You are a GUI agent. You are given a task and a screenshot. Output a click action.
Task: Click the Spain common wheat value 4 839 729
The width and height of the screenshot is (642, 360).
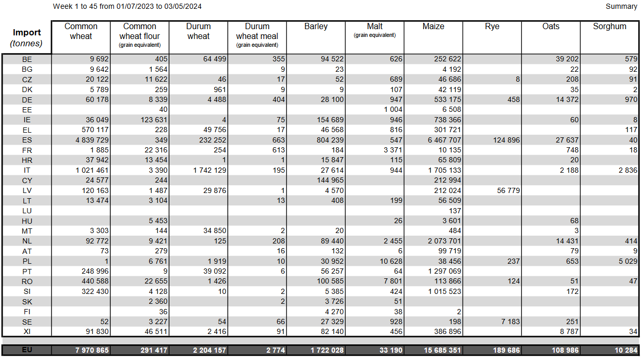click(x=92, y=140)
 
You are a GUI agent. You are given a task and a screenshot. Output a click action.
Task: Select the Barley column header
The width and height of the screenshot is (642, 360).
click(x=316, y=27)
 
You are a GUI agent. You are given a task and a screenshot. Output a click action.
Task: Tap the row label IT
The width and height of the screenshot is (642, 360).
click(x=27, y=171)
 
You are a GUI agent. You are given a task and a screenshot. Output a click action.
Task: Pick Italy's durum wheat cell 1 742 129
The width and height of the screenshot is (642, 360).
click(x=209, y=171)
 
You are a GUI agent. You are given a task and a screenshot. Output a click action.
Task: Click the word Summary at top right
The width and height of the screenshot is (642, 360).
click(x=621, y=6)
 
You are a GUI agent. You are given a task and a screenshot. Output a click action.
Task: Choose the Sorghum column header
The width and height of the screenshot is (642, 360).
click(x=610, y=27)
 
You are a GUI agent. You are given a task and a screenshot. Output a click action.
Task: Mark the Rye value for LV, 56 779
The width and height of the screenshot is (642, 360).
click(x=508, y=190)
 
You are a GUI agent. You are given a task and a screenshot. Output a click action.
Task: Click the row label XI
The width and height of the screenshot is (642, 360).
click(x=27, y=332)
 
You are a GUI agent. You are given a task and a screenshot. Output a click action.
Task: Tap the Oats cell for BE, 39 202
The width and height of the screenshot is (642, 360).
click(x=567, y=59)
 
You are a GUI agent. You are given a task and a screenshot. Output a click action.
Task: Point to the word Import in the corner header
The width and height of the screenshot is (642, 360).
click(x=27, y=32)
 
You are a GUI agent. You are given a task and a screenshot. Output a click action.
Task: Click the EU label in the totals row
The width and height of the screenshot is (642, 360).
click(x=27, y=350)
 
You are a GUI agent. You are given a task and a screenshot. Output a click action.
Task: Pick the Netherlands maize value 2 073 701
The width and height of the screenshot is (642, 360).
click(x=444, y=241)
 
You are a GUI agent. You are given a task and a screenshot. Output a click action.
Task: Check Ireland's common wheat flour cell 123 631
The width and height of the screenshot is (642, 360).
click(x=154, y=120)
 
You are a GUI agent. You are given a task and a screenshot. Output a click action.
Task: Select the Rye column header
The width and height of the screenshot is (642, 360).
click(x=492, y=27)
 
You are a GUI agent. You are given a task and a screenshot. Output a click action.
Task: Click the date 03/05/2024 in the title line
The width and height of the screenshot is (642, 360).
click(x=183, y=6)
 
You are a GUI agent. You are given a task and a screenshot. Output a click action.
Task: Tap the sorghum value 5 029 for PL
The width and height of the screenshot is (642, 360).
click(x=628, y=261)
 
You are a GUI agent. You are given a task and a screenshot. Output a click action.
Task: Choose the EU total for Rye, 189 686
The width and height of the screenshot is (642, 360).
click(x=506, y=350)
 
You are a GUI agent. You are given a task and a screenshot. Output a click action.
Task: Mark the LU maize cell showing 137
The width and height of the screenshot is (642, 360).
click(x=455, y=211)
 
